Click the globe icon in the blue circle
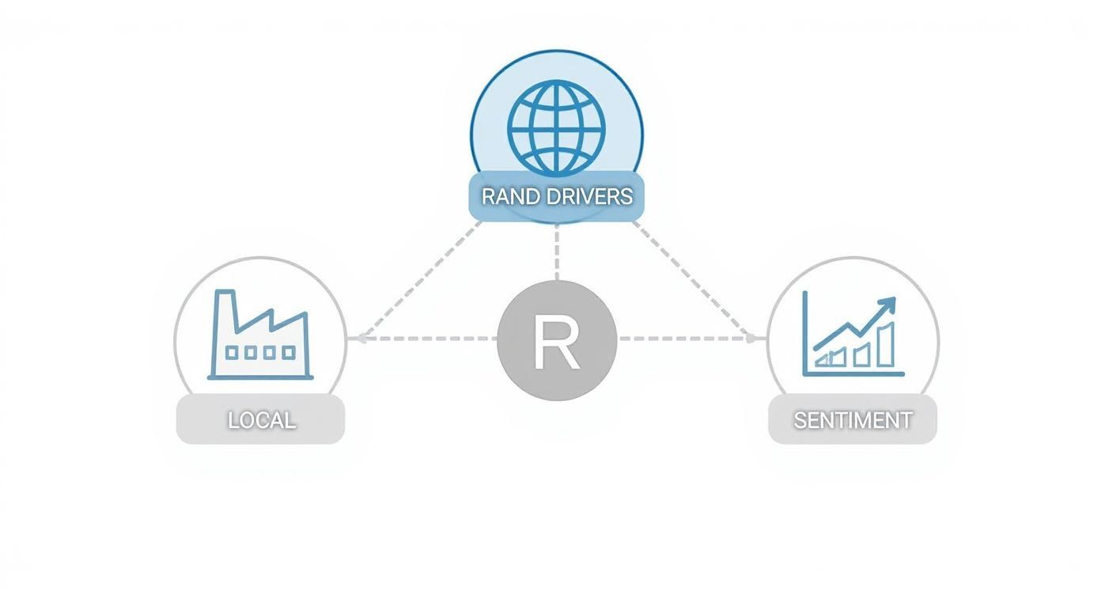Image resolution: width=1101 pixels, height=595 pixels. [556, 127]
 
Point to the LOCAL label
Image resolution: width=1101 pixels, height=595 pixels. [261, 420]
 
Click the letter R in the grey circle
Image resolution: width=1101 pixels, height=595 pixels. [556, 342]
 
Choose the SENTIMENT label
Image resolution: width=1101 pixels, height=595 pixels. [853, 420]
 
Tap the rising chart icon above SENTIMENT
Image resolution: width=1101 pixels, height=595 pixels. [852, 335]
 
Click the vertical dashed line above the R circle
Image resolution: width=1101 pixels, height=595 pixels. [556, 252]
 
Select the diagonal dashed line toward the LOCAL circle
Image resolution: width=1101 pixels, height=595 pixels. [419, 280]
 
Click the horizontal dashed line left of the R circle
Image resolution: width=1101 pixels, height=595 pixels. [427, 339]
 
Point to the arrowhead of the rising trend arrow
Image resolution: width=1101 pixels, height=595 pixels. [889, 304]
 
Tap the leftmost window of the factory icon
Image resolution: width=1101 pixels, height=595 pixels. [232, 352]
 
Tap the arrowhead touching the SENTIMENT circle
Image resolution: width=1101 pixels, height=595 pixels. [752, 338]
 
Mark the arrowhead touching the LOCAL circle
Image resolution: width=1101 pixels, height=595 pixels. [360, 338]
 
